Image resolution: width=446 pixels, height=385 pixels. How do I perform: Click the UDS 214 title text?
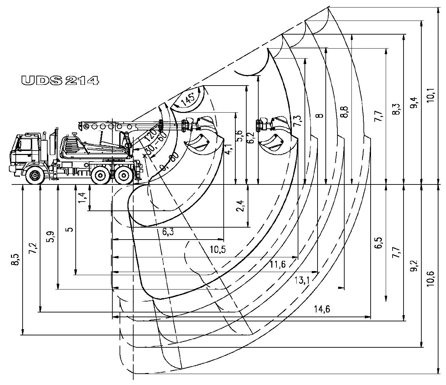(x=60, y=80)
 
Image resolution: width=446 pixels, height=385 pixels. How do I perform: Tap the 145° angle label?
(x=188, y=99)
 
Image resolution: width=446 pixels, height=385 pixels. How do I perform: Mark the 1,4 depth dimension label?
(x=82, y=197)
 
